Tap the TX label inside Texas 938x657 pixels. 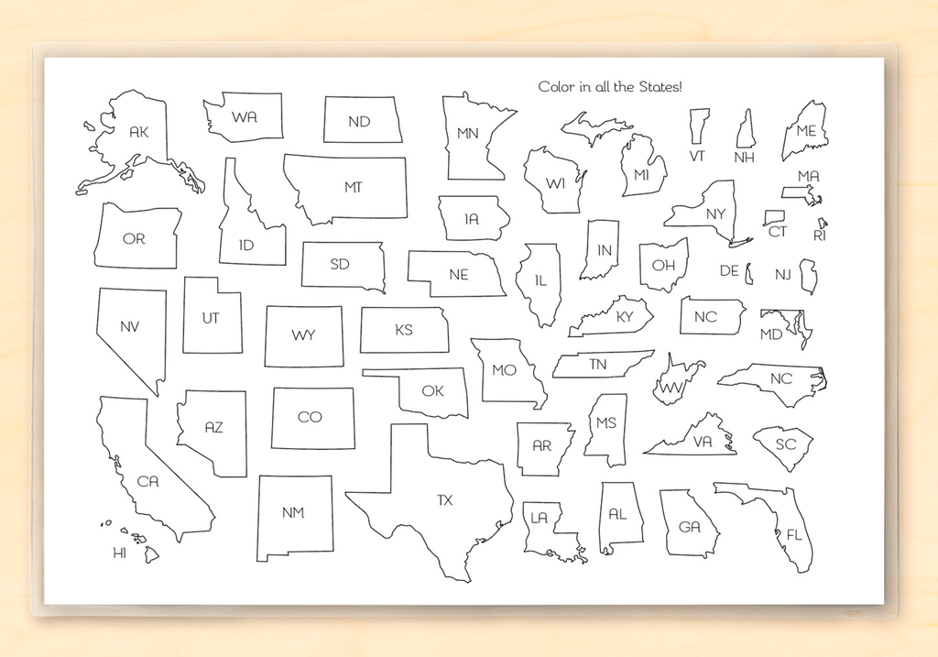tap(445, 500)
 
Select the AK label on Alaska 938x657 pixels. tap(139, 132)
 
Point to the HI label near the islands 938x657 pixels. tap(119, 553)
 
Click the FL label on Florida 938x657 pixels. tap(793, 534)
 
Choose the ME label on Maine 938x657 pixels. tap(806, 131)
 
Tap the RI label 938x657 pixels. tap(819, 235)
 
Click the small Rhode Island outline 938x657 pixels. tap(823, 222)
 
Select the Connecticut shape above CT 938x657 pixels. tap(773, 217)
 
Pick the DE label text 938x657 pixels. tap(729, 270)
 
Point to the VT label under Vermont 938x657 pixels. tap(697, 156)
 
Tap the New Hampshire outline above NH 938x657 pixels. tap(747, 129)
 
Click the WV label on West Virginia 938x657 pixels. tap(672, 388)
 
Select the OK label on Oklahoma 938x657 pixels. tap(433, 391)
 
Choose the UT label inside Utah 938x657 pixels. tap(211, 318)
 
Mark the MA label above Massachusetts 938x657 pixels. tap(808, 176)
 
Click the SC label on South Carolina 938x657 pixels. tap(786, 444)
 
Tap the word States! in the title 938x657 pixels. tap(657, 86)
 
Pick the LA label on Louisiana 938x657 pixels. tap(539, 518)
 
